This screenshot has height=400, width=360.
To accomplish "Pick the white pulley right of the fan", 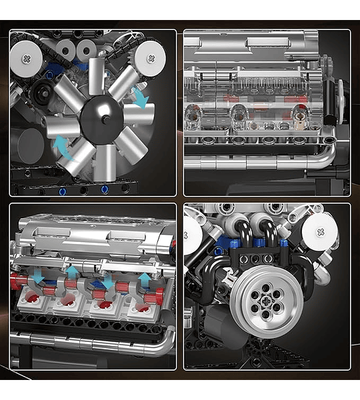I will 150,56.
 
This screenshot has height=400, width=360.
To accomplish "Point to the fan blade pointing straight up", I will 97,75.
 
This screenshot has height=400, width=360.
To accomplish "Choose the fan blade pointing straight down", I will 105,162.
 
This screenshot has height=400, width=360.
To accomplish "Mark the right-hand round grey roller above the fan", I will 86,51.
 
